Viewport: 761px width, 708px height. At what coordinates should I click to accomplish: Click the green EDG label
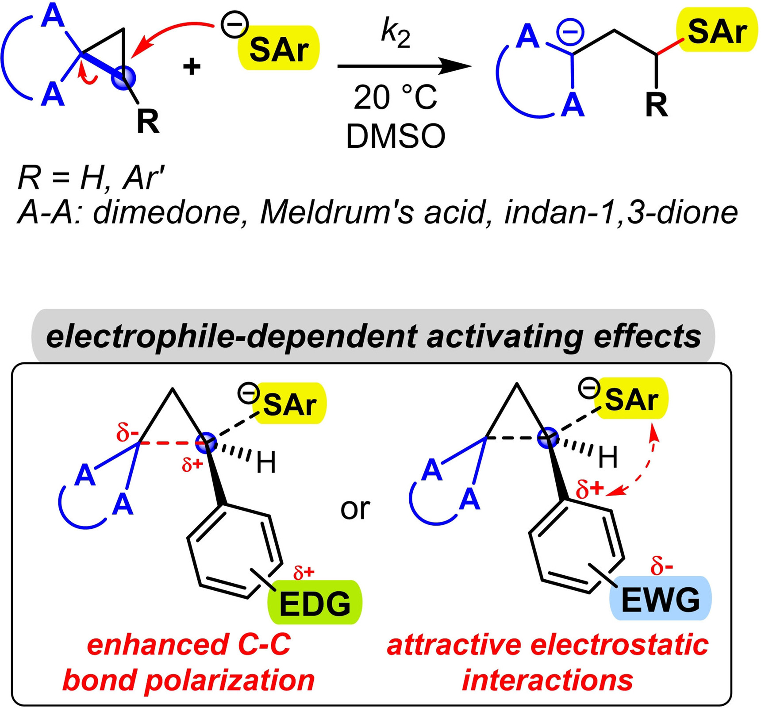point(315,603)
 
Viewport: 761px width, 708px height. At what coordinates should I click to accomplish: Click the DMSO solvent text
point(395,137)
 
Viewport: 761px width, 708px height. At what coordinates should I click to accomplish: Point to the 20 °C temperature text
point(395,97)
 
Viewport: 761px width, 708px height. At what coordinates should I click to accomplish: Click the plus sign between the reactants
point(192,67)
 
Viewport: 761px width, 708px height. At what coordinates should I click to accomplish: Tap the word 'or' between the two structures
point(355,508)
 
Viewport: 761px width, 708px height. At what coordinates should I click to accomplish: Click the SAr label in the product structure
point(717,32)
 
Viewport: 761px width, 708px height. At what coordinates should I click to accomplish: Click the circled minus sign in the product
point(570,32)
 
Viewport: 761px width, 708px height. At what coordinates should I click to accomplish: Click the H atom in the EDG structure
point(266,463)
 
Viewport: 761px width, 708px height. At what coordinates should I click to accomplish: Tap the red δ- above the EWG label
point(661,567)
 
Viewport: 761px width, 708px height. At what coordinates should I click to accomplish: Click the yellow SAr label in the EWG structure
point(631,399)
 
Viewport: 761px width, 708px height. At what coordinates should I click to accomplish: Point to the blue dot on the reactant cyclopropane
point(123,78)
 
